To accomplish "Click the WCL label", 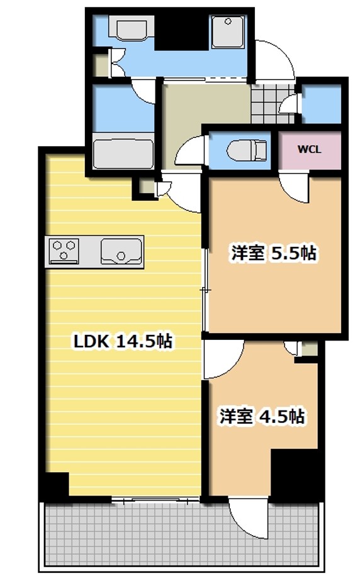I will pyautogui.click(x=310, y=150).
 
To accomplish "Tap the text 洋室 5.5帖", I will pyautogui.click(x=273, y=254).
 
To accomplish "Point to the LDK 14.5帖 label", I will pyautogui.click(x=123, y=342).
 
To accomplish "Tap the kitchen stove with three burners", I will pyautogui.click(x=64, y=250).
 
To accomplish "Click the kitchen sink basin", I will pyautogui.click(x=122, y=251).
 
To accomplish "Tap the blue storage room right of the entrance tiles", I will pyautogui.click(x=321, y=102).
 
